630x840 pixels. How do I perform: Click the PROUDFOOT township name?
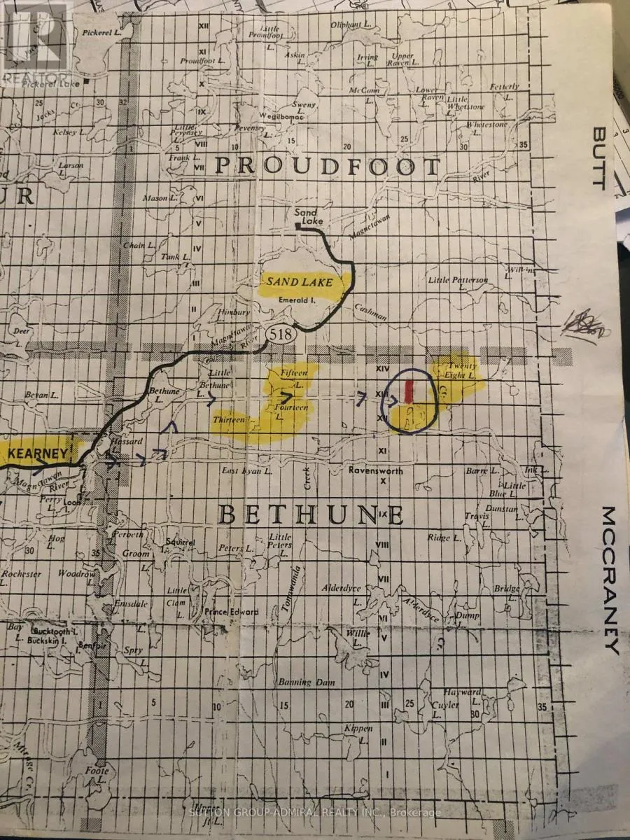[x=327, y=167]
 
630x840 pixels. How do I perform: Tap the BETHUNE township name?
[x=311, y=514]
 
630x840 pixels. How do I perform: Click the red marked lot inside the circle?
[x=410, y=390]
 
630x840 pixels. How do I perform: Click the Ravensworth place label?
[x=376, y=471]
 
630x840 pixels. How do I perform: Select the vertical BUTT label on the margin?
[x=598, y=157]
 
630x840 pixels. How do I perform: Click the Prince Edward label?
[x=231, y=611]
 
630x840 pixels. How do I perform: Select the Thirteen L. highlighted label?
[x=233, y=419]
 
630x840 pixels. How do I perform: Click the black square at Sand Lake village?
[x=298, y=226]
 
